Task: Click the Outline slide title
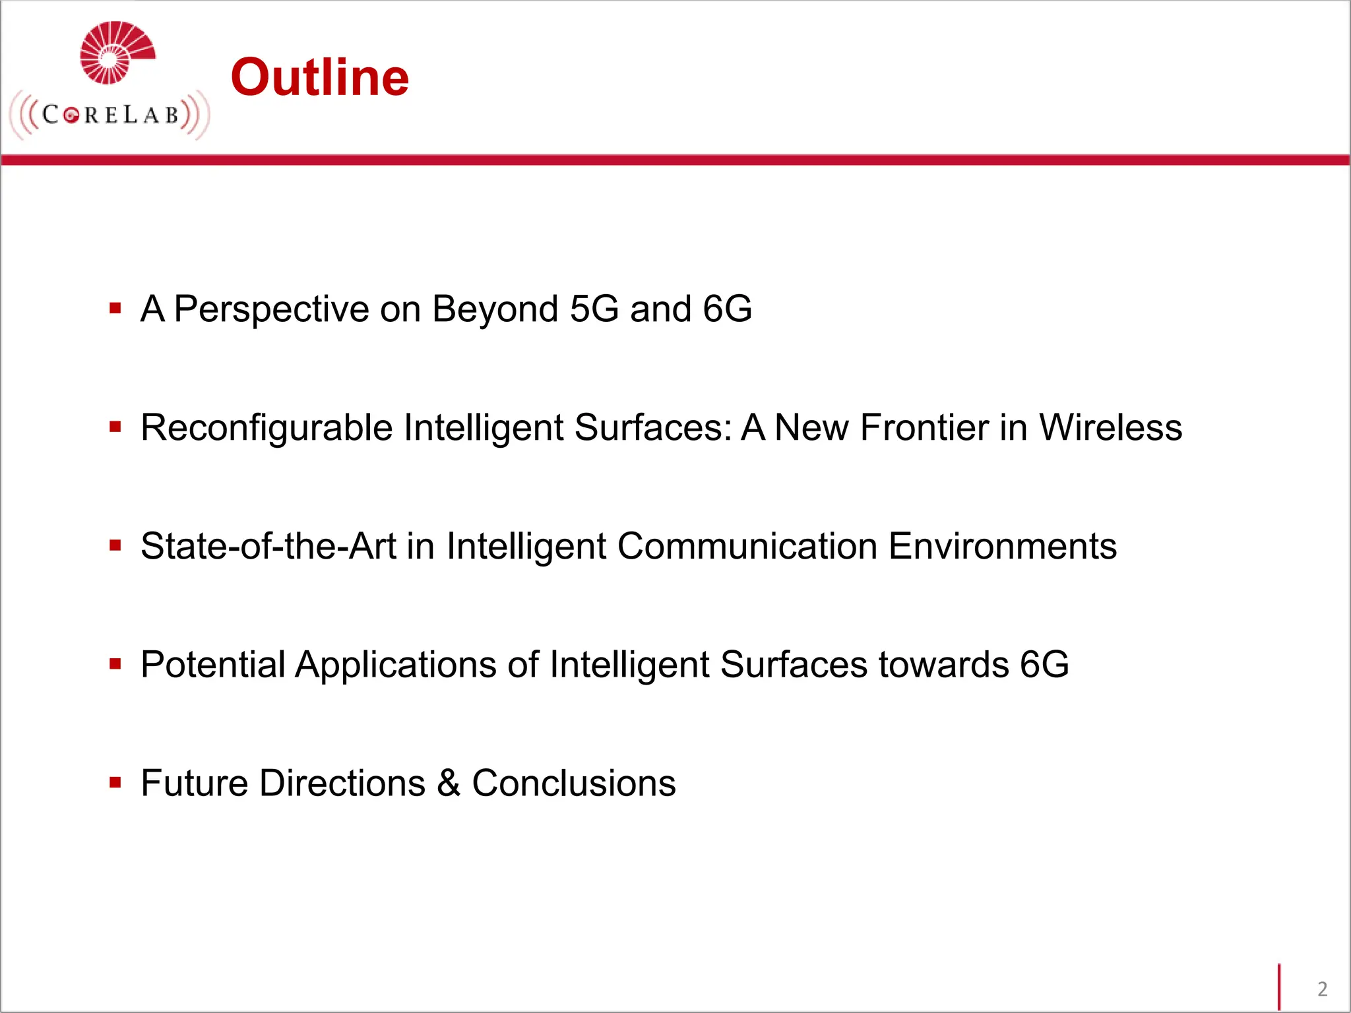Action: click(x=320, y=78)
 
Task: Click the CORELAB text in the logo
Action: click(x=110, y=115)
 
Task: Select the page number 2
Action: click(x=1322, y=989)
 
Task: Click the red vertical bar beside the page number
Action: click(x=1279, y=987)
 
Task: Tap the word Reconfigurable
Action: click(x=267, y=428)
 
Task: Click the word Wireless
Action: click(x=1111, y=427)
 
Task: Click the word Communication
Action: click(x=747, y=546)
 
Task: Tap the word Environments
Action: click(x=1003, y=546)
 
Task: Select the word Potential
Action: click(x=212, y=664)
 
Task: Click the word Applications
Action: click(x=395, y=665)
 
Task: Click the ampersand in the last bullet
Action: click(x=449, y=783)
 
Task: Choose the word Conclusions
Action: click(x=574, y=783)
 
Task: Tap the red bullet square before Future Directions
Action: click(x=115, y=783)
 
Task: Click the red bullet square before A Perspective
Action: click(x=115, y=308)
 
